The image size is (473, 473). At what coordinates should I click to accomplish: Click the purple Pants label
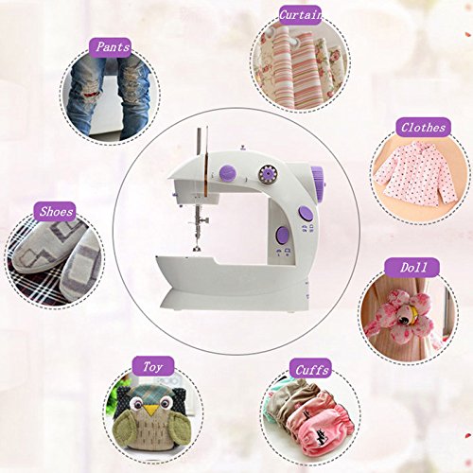110,47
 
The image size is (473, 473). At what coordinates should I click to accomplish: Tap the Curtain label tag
301,15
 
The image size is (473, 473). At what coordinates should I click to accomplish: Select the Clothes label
423,127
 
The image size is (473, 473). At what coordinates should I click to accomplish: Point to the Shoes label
54,211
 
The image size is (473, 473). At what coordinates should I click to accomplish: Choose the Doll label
412,268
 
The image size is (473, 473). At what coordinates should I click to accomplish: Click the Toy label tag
153,366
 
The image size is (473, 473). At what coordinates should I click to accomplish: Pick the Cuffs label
311,369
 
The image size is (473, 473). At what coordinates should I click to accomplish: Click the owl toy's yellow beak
149,410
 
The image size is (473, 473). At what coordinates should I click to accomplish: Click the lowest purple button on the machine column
282,236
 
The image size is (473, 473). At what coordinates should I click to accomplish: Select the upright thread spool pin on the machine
199,142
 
